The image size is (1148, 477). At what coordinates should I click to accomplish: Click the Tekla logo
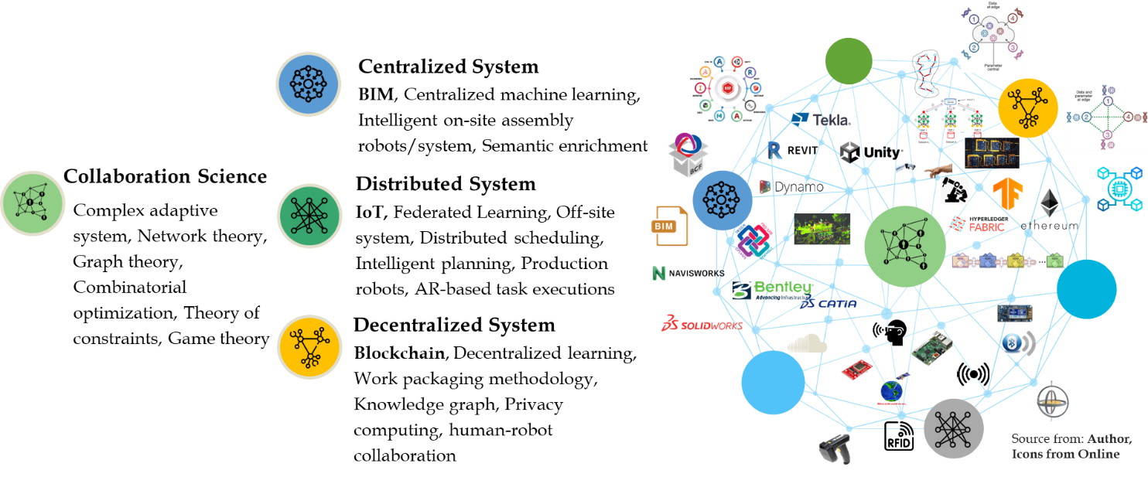pyautogui.click(x=821, y=119)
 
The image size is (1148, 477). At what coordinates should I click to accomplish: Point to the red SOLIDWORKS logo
pyautogui.click(x=702, y=324)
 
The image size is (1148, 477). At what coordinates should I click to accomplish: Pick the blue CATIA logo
pyautogui.click(x=829, y=304)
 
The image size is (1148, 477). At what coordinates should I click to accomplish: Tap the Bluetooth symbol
pyautogui.click(x=1013, y=342)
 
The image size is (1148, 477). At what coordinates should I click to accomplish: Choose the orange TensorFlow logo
pyautogui.click(x=1008, y=194)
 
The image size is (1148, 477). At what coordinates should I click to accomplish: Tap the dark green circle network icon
pyautogui.click(x=309, y=216)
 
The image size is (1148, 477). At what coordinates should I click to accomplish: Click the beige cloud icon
pyautogui.click(x=807, y=343)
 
